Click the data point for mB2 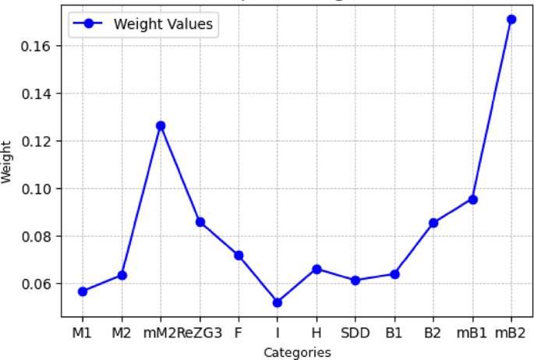coord(511,19)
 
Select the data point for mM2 coord(161,125)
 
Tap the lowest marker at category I coord(278,302)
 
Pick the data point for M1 coord(83,291)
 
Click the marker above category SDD coord(355,281)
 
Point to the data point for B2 coord(433,223)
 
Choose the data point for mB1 coord(472,199)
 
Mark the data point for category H coord(317,269)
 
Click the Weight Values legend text coord(162,24)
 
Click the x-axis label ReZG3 coord(200,334)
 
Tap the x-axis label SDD coord(355,334)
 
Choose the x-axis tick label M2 coord(122,334)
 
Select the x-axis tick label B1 coord(394,334)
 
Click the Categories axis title coord(297,352)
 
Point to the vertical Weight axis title coord(8,161)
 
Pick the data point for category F coord(239,256)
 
